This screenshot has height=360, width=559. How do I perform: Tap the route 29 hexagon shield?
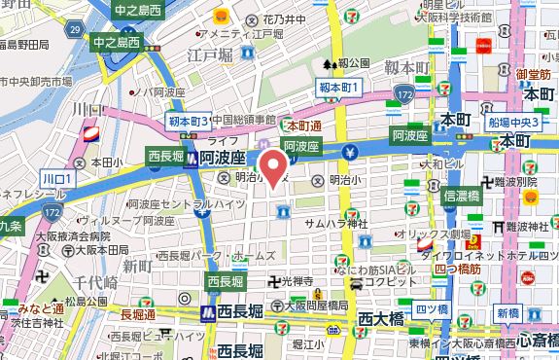pos(75,32)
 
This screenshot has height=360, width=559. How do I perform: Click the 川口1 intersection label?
pos(57,179)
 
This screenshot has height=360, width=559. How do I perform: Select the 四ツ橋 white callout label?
pos(426,309)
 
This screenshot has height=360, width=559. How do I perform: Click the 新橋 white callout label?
pos(507,312)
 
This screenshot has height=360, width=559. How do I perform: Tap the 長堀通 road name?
pos(138,313)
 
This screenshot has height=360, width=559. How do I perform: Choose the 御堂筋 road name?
pos(534,74)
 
